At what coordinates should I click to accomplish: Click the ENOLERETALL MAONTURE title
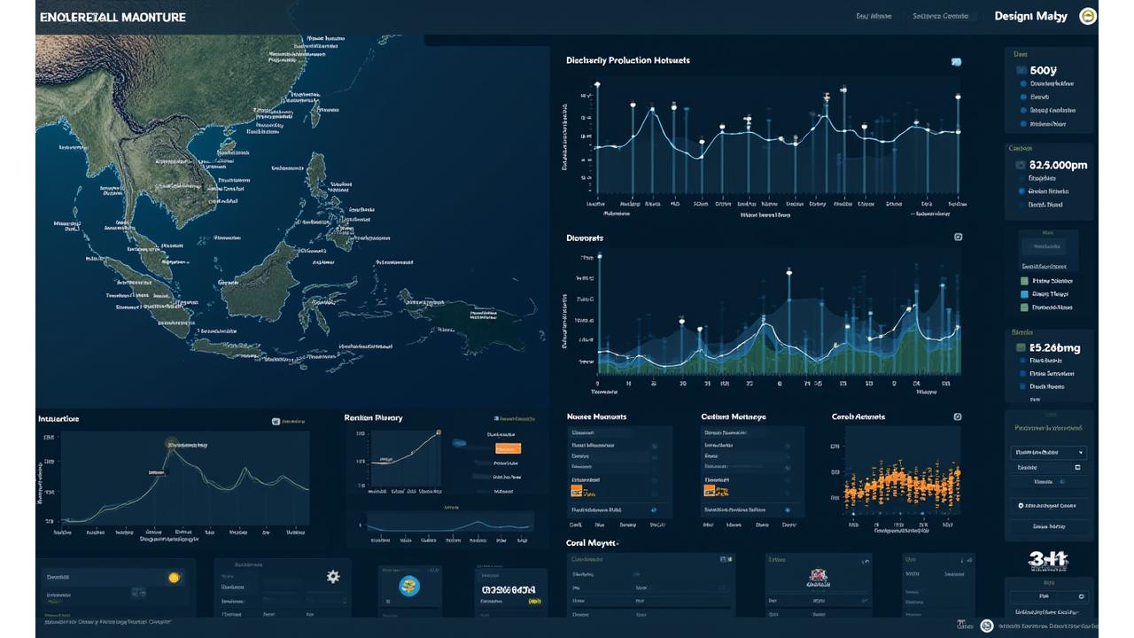point(113,17)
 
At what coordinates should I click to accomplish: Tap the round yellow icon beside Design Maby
point(1087,16)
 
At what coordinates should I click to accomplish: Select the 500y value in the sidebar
point(1044,70)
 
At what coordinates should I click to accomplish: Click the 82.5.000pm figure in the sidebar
point(1057,165)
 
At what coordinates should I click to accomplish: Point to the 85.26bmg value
point(1054,348)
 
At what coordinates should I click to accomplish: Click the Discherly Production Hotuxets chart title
point(627,60)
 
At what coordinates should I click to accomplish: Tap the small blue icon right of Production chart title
point(956,62)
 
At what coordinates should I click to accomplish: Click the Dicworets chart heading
point(585,238)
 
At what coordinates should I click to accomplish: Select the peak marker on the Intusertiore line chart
point(169,444)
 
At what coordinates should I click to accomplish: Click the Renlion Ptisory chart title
point(373,417)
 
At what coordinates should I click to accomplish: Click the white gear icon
point(333,576)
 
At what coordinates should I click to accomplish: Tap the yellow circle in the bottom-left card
point(175,577)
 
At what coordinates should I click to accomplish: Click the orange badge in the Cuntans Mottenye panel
point(716,490)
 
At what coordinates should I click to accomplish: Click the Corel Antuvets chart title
point(858,416)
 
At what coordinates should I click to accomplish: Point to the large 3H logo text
point(1048,559)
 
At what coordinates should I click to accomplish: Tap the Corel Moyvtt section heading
point(591,542)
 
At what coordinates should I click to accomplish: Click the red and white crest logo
point(818,578)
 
